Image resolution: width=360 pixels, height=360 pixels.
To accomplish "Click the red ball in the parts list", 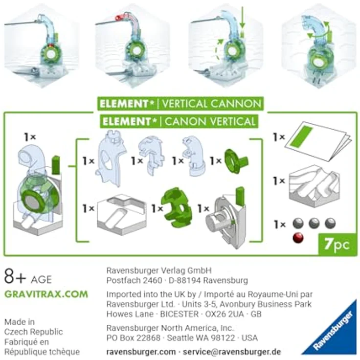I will click(297, 238).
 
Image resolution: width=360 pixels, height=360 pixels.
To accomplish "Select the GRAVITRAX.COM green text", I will click(46, 294).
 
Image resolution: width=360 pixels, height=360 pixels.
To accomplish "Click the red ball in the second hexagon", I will click(118, 18).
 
